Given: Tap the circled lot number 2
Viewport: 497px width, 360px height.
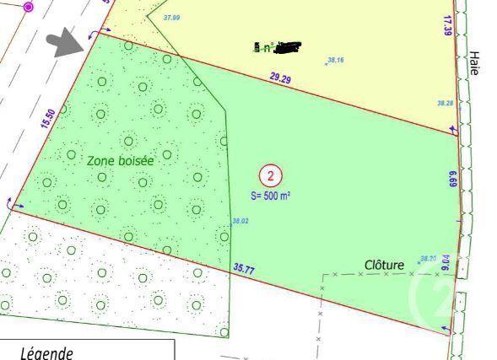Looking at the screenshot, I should [271, 176].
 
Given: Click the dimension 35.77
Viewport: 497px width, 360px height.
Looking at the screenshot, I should [244, 269].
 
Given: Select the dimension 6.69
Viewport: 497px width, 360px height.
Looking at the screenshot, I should [453, 179].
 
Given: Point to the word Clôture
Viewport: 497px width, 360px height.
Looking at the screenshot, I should [384, 265].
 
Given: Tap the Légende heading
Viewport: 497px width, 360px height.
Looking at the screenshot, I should [47, 352].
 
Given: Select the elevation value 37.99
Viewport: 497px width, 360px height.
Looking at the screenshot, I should [170, 17].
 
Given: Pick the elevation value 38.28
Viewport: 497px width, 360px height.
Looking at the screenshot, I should [445, 103].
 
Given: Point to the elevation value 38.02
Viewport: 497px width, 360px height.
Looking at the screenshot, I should [240, 222].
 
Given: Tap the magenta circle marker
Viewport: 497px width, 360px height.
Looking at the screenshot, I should [28, 7].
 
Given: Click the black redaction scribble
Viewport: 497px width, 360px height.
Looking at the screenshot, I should [287, 46].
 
